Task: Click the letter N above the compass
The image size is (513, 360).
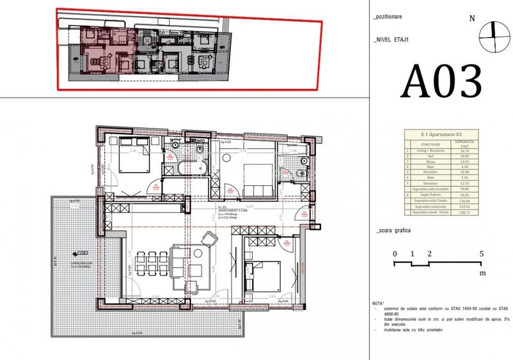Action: pos(472,18)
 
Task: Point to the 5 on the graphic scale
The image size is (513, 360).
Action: pos(481,254)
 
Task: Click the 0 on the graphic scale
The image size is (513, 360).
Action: pos(395,254)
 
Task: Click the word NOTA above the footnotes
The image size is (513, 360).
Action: pos(378,302)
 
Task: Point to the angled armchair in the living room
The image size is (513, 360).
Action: pos(209,240)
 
